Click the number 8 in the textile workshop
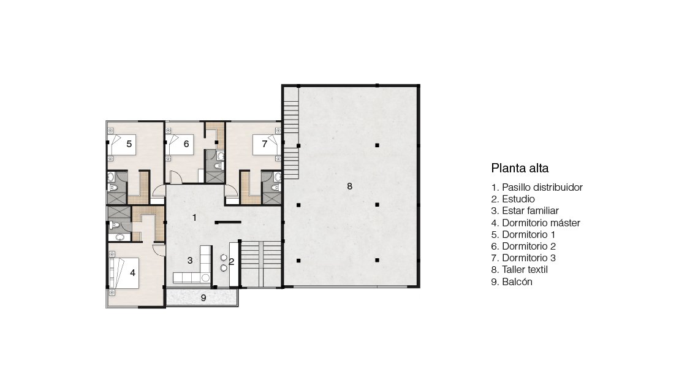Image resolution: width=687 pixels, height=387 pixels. tap(350, 186)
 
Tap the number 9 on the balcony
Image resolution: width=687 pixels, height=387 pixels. tap(203, 298)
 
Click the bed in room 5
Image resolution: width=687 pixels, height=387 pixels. tap(122, 144)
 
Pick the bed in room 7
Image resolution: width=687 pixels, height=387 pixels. tap(267, 144)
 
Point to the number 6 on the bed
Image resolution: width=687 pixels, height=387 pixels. tap(186, 144)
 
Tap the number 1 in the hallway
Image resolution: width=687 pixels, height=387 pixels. tap(194, 217)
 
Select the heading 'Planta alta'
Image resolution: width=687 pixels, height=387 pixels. tap(520, 168)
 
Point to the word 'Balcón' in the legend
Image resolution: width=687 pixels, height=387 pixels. tap(517, 282)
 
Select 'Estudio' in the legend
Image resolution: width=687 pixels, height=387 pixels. tap(518, 199)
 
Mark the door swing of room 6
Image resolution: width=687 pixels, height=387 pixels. tap(175, 177)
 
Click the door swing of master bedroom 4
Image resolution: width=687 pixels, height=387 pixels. tap(158, 248)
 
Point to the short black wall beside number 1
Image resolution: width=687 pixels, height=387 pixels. tap(228, 223)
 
